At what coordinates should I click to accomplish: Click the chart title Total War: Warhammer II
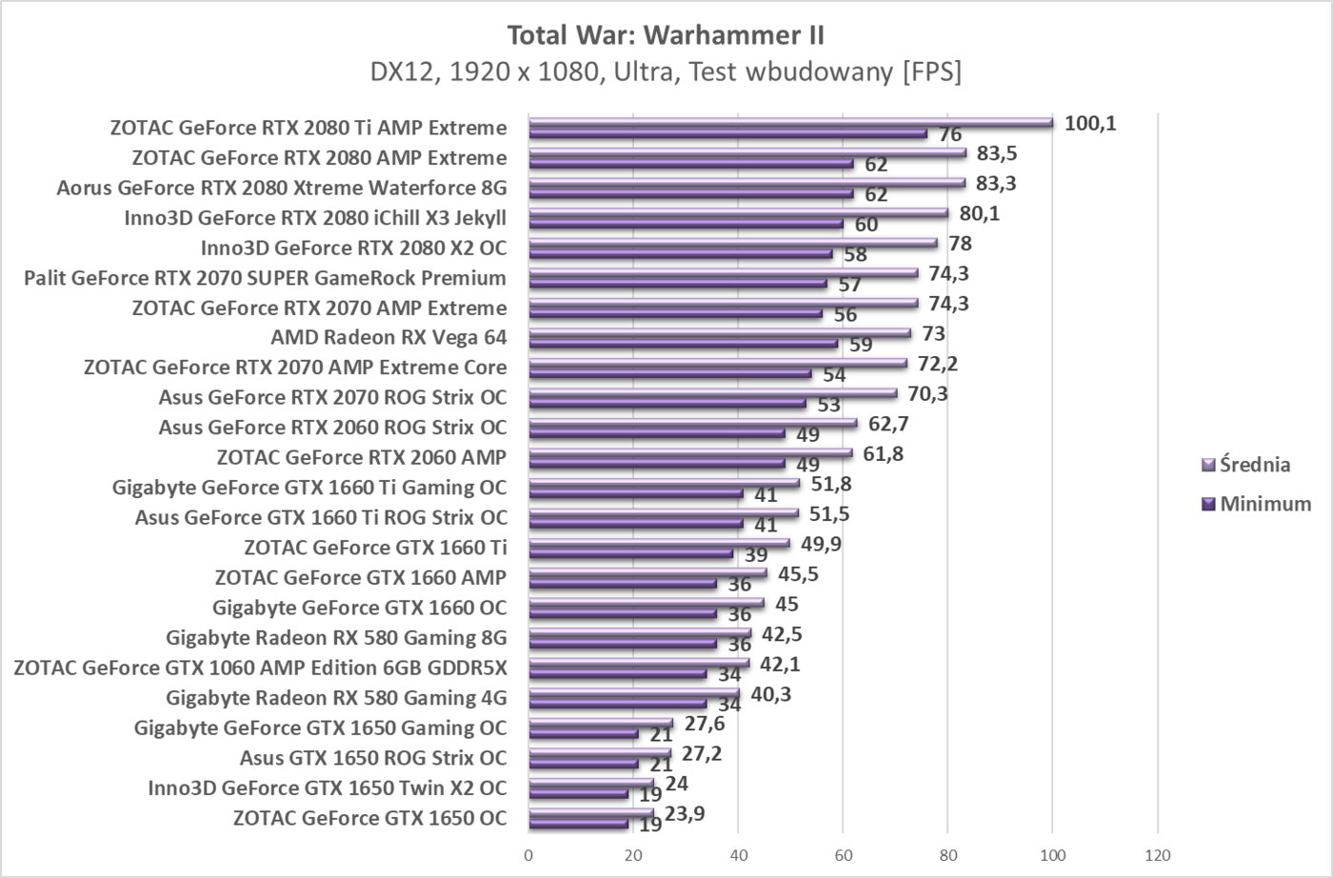[x=666, y=35]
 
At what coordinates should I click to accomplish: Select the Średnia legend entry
[x=1254, y=465]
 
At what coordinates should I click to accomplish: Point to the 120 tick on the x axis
[x=1157, y=855]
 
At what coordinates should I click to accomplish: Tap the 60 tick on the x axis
[x=843, y=855]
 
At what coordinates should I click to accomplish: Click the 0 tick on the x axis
[x=528, y=855]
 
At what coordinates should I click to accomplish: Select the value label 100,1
[x=1090, y=123]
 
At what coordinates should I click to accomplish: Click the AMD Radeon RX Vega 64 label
[x=388, y=337]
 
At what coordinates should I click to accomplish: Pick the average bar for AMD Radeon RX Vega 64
[x=719, y=333]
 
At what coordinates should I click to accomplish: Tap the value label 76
[x=950, y=134]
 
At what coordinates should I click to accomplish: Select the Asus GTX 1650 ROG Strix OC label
[x=373, y=758]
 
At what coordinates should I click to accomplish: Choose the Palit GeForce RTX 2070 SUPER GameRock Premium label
[x=265, y=278]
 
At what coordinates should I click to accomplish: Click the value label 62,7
[x=888, y=424]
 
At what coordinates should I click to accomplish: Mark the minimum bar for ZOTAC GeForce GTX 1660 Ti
[x=630, y=553]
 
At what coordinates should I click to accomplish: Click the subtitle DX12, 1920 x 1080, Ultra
[x=666, y=71]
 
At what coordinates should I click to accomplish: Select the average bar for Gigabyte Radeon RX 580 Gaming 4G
[x=633, y=693]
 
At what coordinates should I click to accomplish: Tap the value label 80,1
[x=981, y=213]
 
